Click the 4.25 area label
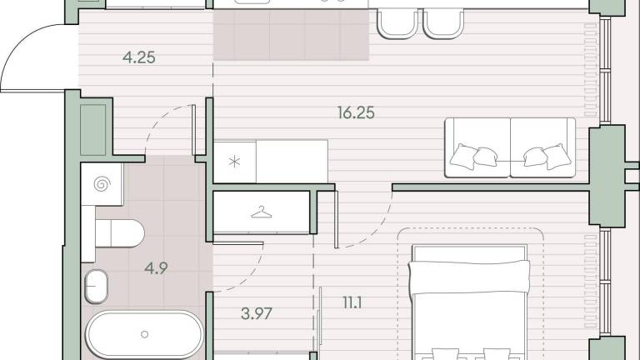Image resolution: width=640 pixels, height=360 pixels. point(139,57)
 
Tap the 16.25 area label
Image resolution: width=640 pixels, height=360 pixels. point(356,112)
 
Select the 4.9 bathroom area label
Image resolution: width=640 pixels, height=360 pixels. point(156,268)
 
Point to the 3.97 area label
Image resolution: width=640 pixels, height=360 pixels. point(257,313)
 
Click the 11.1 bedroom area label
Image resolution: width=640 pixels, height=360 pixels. point(352,302)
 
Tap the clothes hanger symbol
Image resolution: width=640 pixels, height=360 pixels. point(261,212)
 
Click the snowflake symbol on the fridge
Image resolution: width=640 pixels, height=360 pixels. point(234,162)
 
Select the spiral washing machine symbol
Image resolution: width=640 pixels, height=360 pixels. point(102,184)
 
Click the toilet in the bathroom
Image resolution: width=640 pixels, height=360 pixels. point(120,233)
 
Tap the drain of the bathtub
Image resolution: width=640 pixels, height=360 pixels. point(144,334)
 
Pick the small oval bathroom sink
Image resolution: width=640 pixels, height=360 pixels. point(97,287)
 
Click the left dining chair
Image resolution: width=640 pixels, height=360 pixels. point(397,24)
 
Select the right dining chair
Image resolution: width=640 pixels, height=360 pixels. point(443,24)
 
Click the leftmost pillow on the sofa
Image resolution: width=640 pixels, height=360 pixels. point(463,157)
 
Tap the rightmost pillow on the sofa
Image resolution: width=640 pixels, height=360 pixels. point(557,157)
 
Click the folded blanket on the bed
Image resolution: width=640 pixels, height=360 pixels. point(469,277)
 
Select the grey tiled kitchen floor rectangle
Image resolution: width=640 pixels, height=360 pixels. point(292,35)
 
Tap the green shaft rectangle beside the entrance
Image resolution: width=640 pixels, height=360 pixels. point(93,130)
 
